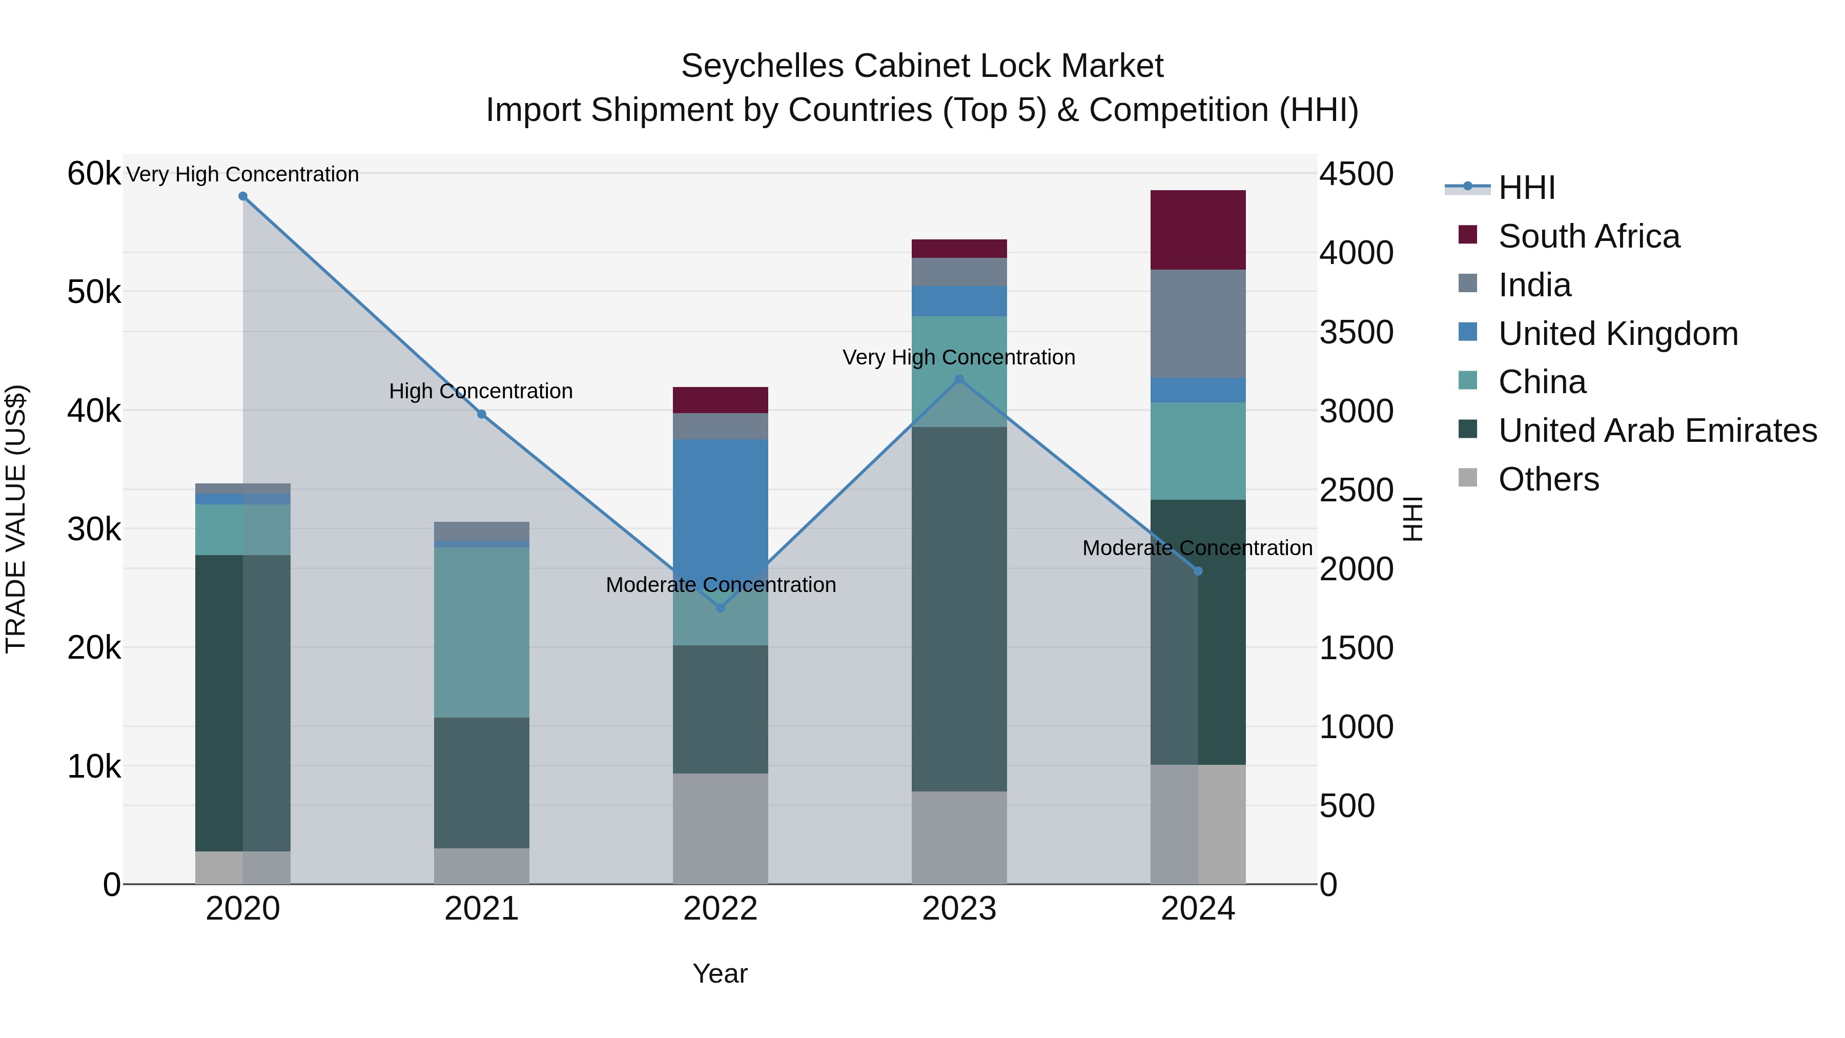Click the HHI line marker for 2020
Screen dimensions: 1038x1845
(x=243, y=196)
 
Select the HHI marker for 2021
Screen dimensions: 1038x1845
(x=481, y=414)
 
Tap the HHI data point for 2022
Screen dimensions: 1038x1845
(x=721, y=608)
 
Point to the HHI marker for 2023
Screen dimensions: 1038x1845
(x=960, y=380)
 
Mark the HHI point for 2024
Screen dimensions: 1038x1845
(x=1198, y=571)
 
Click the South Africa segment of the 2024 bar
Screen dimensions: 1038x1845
(x=1198, y=230)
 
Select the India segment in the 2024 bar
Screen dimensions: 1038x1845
(x=1198, y=324)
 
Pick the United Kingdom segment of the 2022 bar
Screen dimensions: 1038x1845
(x=721, y=501)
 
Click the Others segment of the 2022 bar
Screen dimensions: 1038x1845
(x=721, y=828)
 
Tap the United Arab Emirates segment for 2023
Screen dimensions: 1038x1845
(x=960, y=609)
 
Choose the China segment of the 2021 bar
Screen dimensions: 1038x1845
(x=481, y=633)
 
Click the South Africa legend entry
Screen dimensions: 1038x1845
(x=1589, y=236)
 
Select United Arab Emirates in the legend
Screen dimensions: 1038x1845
(x=1657, y=431)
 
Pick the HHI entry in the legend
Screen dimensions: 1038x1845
(x=1526, y=188)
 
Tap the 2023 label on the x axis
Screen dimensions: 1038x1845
(x=959, y=909)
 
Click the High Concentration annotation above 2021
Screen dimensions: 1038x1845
(x=481, y=391)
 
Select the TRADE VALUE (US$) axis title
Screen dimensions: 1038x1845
(x=16, y=519)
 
